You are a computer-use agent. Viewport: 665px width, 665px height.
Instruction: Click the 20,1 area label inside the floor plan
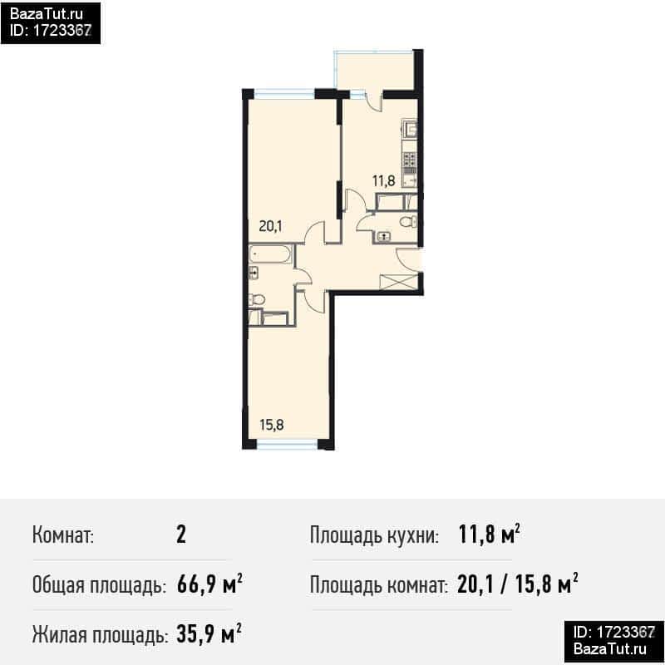pos(271,226)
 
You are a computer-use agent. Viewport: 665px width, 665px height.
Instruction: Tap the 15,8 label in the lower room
pos(272,425)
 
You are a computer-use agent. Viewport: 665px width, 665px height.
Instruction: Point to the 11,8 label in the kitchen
pos(384,181)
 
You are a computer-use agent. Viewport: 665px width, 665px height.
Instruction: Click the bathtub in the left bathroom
pos(271,254)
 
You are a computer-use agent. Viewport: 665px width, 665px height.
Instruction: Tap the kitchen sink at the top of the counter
pos(410,129)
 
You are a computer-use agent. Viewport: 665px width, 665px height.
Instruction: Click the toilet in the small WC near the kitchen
pos(408,221)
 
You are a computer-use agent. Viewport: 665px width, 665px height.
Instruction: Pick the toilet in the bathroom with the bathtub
pos(257,300)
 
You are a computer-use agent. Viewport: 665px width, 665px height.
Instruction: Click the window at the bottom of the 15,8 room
pos(287,444)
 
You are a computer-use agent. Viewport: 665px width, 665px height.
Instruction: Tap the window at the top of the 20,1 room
pos(284,92)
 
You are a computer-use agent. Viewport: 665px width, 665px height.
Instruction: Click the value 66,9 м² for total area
pos(210,584)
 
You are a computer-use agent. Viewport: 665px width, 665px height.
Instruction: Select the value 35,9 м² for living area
pos(209,634)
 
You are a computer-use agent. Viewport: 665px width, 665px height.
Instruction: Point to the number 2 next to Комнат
pos(181,534)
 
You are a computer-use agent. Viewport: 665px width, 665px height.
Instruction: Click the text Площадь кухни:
pos(374,535)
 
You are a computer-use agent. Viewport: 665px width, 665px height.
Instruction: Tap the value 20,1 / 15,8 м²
pos(517,584)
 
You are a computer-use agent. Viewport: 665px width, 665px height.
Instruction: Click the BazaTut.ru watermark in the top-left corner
pos(47,14)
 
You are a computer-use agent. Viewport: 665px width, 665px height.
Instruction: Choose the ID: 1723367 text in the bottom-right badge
pos(614,633)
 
